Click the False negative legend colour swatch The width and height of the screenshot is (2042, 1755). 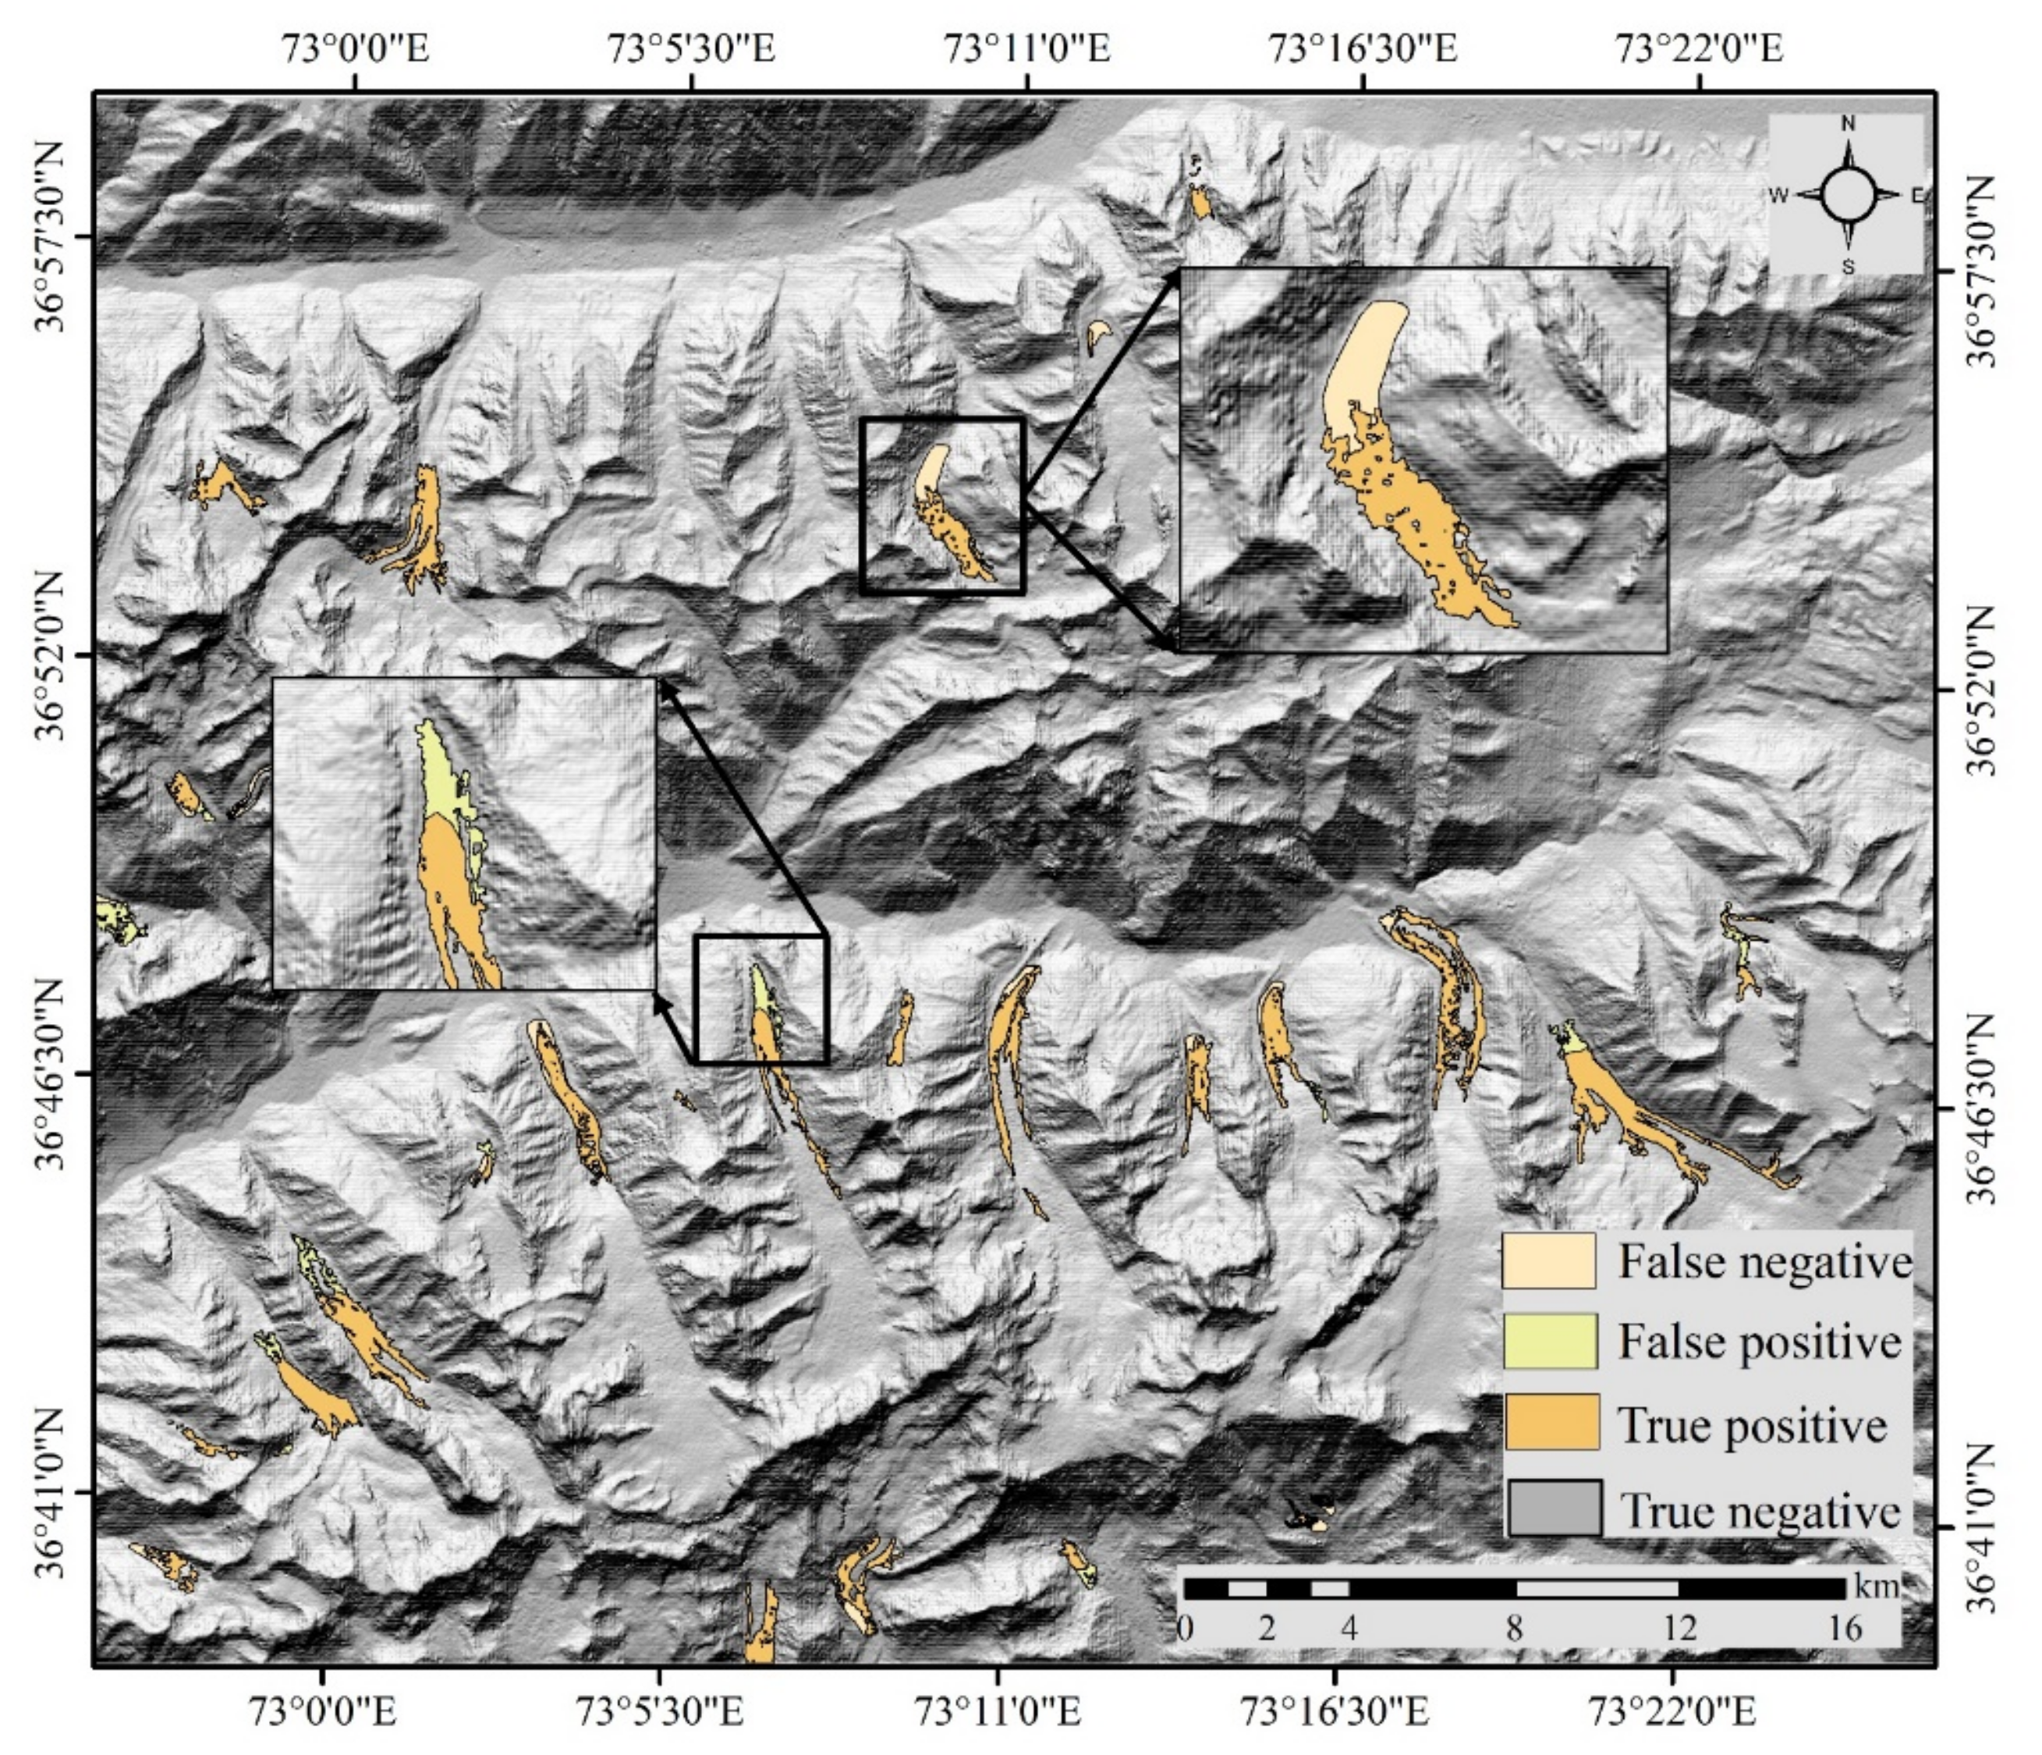tap(1548, 1260)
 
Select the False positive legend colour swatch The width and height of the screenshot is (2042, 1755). tap(1548, 1341)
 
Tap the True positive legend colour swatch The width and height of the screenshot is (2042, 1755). tap(1551, 1422)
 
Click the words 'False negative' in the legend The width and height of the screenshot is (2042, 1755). tap(1764, 1262)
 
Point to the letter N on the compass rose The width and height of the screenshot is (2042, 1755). tap(1848, 124)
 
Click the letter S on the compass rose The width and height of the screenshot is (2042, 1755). tap(1848, 266)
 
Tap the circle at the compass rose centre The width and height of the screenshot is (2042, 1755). tap(1848, 194)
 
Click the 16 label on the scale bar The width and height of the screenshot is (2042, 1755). tap(1844, 1628)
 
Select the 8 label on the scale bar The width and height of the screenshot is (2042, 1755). tap(1514, 1628)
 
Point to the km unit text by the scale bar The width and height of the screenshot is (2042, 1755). tap(1874, 1587)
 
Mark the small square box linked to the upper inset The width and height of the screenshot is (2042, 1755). tap(942, 505)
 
